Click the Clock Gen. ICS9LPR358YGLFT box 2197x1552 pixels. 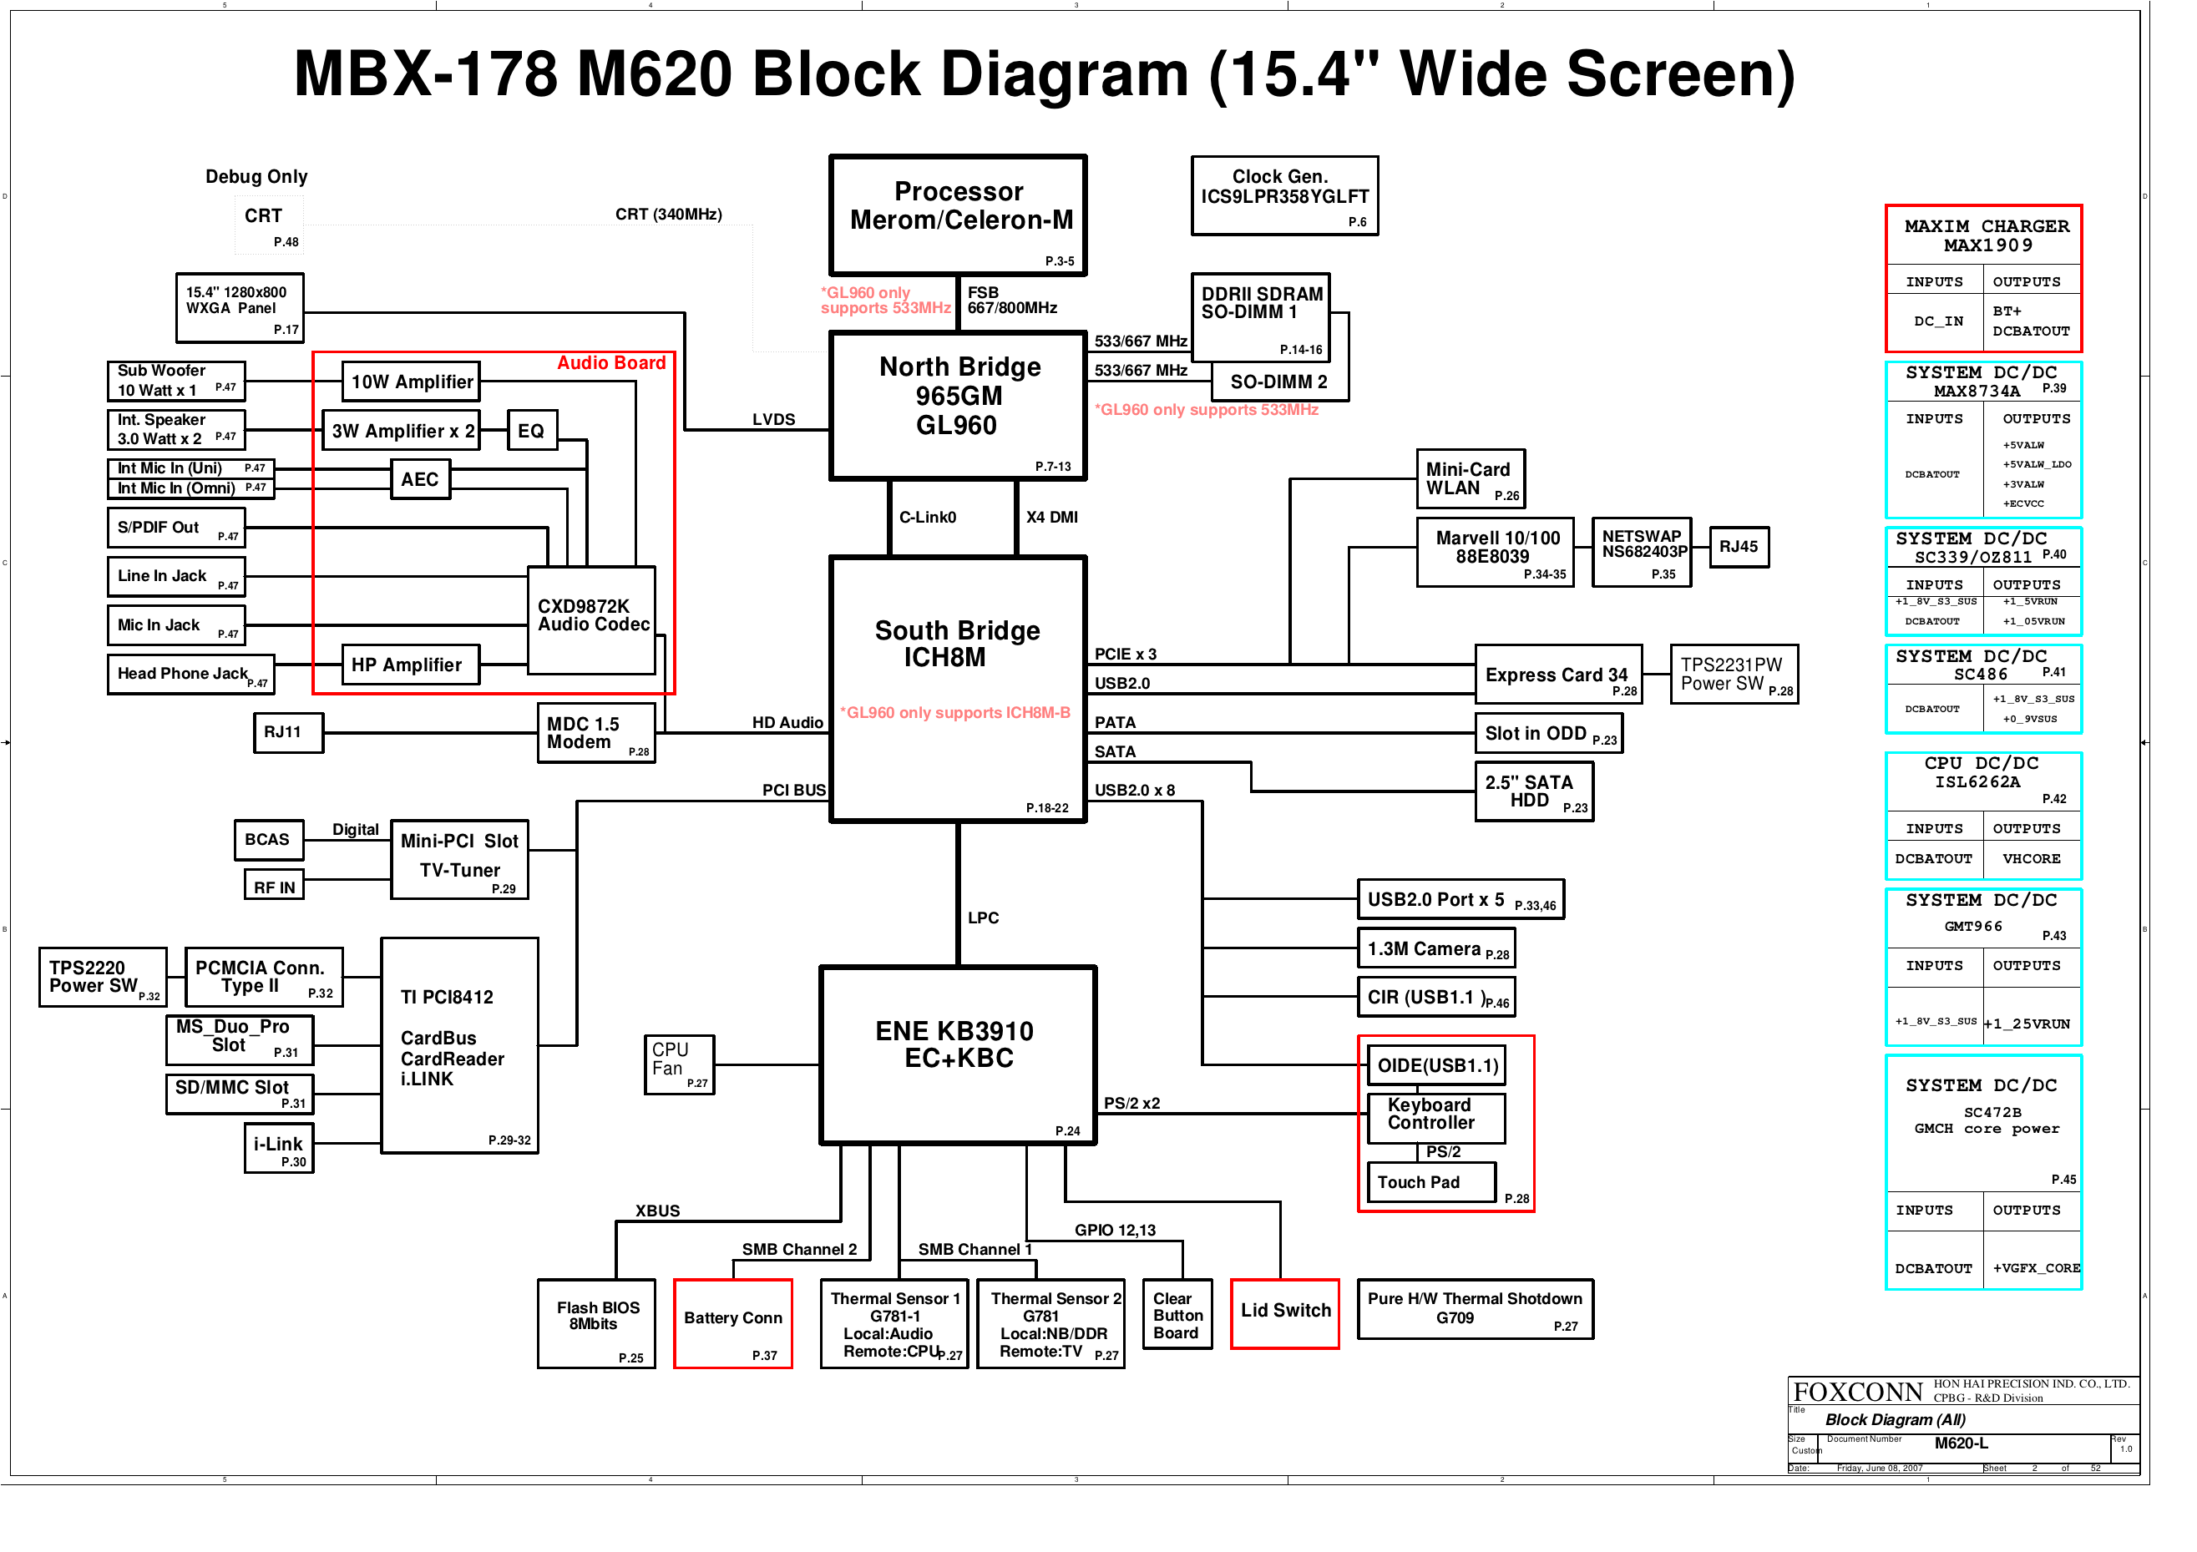pos(1284,195)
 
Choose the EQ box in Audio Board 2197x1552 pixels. pos(531,431)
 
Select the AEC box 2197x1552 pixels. pos(420,479)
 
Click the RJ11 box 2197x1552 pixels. pos(288,733)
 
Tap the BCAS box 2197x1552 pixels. pos(268,840)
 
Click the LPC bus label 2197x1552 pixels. pos(983,918)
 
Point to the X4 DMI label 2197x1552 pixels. pos(1051,518)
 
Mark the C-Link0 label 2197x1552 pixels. pos(927,518)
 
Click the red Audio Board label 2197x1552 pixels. pos(611,362)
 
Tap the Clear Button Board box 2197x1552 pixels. pos(1177,1315)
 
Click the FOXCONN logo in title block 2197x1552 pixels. pos(1857,1391)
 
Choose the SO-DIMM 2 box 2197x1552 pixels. pos(1278,382)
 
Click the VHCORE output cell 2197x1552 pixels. pos(2031,858)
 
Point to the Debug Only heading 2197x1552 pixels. pos(256,177)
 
